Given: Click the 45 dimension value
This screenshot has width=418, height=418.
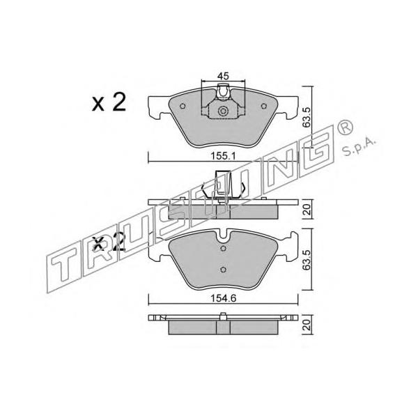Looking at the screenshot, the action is coord(223,76).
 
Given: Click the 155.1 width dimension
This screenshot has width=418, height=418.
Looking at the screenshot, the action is coord(224,156).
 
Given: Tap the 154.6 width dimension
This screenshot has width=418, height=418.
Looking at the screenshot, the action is coord(224,298).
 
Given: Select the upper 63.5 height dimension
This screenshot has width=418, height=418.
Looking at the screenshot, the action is coord(307,117).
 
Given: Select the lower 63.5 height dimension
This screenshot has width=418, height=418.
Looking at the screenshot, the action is coord(307,260).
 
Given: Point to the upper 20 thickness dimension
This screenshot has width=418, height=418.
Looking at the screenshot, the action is coord(307,210).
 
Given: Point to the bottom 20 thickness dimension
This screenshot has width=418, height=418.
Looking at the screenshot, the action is coord(307,325).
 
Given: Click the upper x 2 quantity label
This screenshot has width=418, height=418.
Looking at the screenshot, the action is coord(109,102).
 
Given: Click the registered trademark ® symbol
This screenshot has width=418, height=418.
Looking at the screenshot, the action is coord(345,127).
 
